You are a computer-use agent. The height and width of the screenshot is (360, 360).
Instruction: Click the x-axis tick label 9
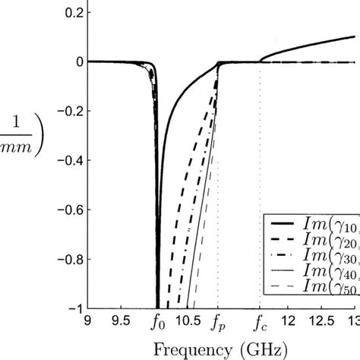click(x=90, y=320)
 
